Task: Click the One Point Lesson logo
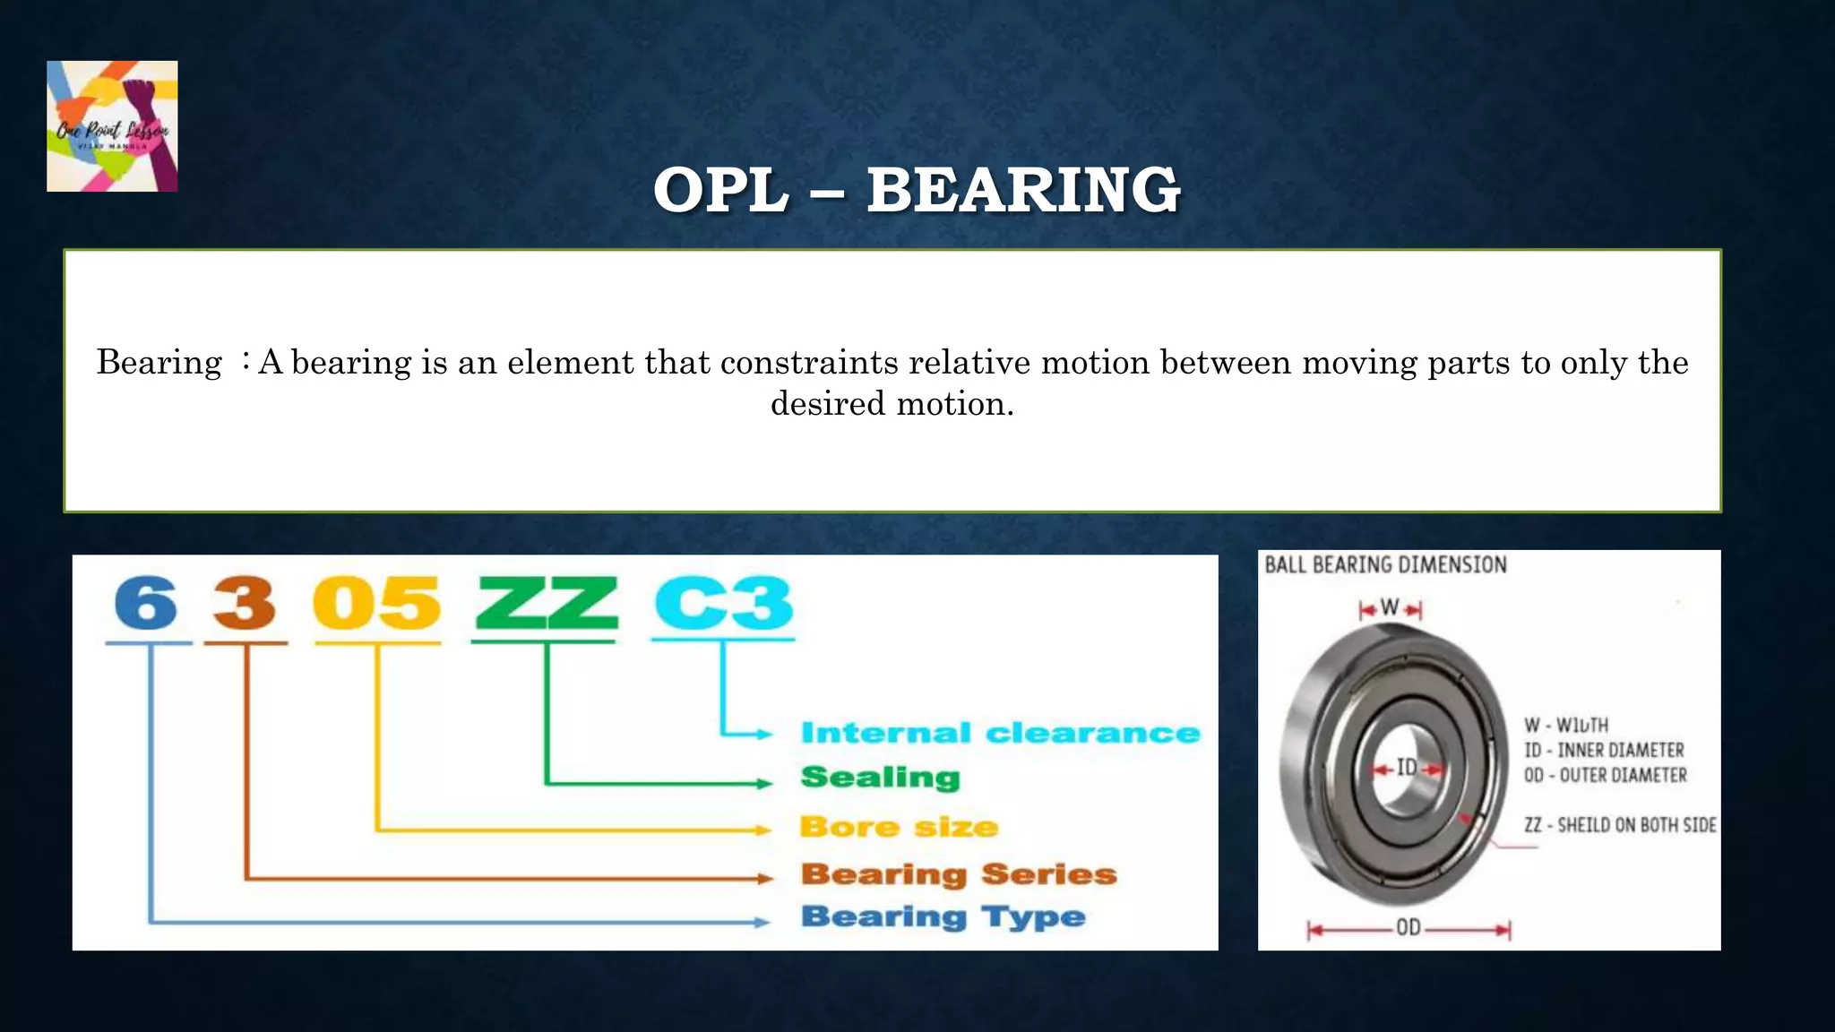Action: tap(112, 126)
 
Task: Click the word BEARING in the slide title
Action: tap(1023, 190)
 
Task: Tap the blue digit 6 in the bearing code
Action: tap(147, 604)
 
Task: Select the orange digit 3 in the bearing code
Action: tap(245, 604)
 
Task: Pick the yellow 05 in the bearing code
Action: tap(376, 604)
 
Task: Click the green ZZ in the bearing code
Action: tap(546, 604)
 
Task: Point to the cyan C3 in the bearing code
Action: tap(723, 604)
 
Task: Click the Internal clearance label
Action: tap(1000, 733)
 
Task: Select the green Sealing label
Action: tap(880, 778)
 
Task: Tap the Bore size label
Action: tap(899, 826)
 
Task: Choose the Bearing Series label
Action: tap(959, 873)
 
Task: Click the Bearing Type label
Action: tap(943, 916)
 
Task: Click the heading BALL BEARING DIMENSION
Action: tap(1385, 564)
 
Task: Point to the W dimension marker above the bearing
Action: tap(1390, 608)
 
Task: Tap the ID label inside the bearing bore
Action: tap(1407, 768)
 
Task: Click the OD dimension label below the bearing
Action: tap(1409, 928)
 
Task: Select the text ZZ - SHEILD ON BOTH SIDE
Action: tap(1620, 825)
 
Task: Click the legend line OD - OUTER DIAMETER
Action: tap(1605, 775)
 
